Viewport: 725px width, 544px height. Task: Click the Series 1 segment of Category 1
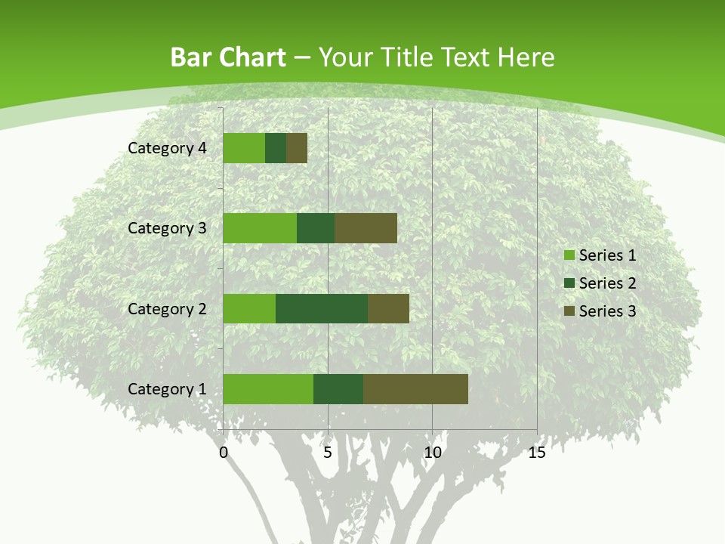point(268,389)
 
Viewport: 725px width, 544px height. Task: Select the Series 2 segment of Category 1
point(338,389)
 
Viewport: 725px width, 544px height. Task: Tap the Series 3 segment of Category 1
point(415,389)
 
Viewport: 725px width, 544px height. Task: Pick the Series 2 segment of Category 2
point(322,308)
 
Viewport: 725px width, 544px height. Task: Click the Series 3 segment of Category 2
point(388,308)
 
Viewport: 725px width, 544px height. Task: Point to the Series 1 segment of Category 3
point(260,228)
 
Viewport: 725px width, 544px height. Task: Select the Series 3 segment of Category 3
point(366,228)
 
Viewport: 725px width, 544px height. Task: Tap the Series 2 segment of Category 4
point(276,148)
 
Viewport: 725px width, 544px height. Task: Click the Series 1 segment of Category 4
point(244,148)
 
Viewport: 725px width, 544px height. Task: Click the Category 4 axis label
point(167,148)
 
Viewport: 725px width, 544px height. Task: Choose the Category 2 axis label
point(167,308)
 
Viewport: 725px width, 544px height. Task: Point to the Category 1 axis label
point(167,389)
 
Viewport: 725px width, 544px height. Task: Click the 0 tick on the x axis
point(224,453)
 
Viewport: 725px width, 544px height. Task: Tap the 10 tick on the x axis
point(432,453)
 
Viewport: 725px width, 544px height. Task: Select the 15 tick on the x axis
point(537,453)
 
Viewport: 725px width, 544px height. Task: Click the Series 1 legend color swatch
point(569,255)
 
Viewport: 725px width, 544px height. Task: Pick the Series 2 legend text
point(607,283)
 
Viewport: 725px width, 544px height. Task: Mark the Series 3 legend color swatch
point(569,311)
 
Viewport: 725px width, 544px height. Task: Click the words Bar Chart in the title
point(228,57)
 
